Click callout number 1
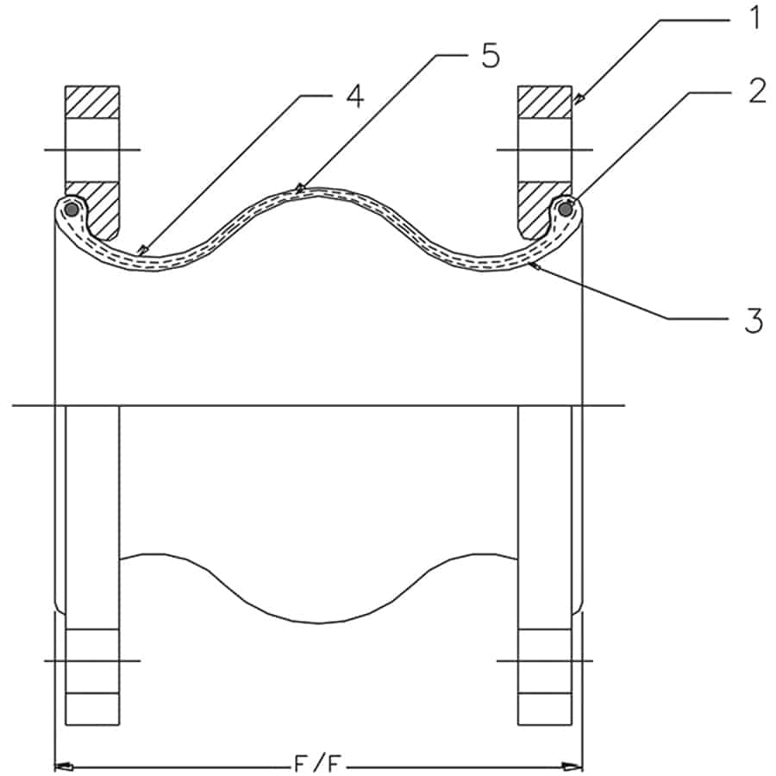click(x=754, y=17)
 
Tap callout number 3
click(x=754, y=319)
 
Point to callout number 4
click(x=353, y=96)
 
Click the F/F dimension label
click(x=318, y=763)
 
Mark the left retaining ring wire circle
click(x=72, y=209)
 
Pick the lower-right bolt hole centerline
click(x=545, y=660)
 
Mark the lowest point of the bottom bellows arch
click(x=319, y=623)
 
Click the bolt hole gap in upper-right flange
click(x=544, y=150)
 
